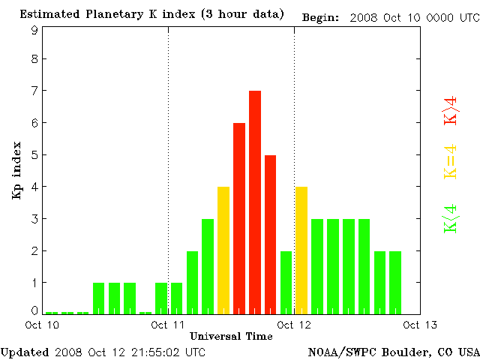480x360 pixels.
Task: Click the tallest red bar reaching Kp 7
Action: [x=255, y=202]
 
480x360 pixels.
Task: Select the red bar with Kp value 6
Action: [x=239, y=218]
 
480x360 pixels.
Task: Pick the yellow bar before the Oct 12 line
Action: [x=223, y=250]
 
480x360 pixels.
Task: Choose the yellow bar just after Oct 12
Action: [x=301, y=250]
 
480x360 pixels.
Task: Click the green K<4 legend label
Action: [x=451, y=219]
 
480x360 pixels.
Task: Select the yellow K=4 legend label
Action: [x=451, y=161]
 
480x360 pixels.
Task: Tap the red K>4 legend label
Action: [x=451, y=109]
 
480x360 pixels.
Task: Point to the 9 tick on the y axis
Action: [x=34, y=30]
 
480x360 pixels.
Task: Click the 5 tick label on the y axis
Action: [x=34, y=155]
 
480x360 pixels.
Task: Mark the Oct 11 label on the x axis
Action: [x=168, y=325]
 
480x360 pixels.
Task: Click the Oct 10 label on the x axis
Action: [x=42, y=325]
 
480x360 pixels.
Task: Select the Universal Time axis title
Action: [x=231, y=336]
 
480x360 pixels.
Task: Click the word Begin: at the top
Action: [x=320, y=17]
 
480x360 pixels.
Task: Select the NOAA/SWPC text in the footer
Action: [x=338, y=352]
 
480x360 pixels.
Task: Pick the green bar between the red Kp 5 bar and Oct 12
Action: [x=286, y=283]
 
